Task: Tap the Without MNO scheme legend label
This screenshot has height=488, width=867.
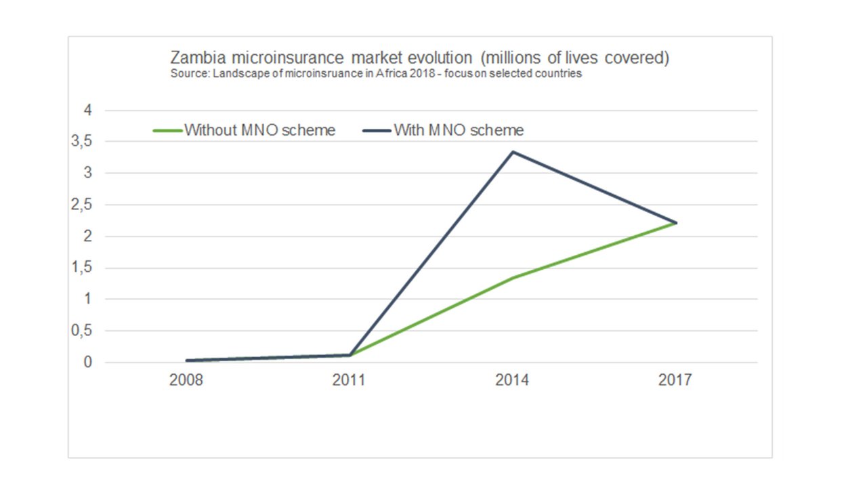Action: point(260,130)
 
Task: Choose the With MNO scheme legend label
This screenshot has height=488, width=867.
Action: point(459,130)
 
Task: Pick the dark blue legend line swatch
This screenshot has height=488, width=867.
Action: point(377,130)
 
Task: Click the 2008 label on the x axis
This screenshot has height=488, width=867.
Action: point(186,380)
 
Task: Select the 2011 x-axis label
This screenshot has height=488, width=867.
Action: point(349,380)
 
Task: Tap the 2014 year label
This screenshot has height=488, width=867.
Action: point(512,380)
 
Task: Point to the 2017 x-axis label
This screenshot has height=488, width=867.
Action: point(675,380)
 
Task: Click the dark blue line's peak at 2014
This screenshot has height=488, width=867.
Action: point(513,152)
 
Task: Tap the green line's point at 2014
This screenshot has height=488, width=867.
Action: point(513,278)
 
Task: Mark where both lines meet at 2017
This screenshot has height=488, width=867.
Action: point(676,223)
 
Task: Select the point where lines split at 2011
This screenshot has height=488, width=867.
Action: point(350,354)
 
